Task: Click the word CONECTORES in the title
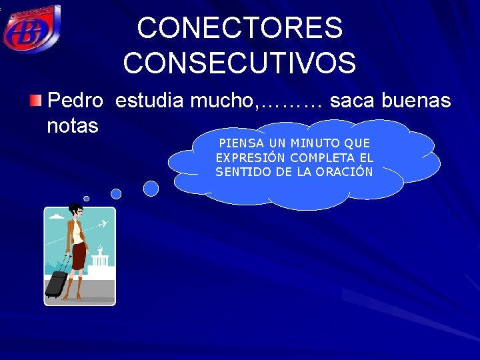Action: click(240, 28)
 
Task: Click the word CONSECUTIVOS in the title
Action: click(239, 63)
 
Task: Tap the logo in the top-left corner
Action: click(31, 28)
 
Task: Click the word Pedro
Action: click(75, 101)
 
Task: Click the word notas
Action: click(73, 125)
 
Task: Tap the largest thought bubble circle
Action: click(151, 189)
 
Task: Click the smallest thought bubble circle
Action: click(86, 198)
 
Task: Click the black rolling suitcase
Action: click(56, 283)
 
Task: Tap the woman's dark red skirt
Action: click(79, 256)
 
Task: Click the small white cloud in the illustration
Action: click(57, 217)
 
